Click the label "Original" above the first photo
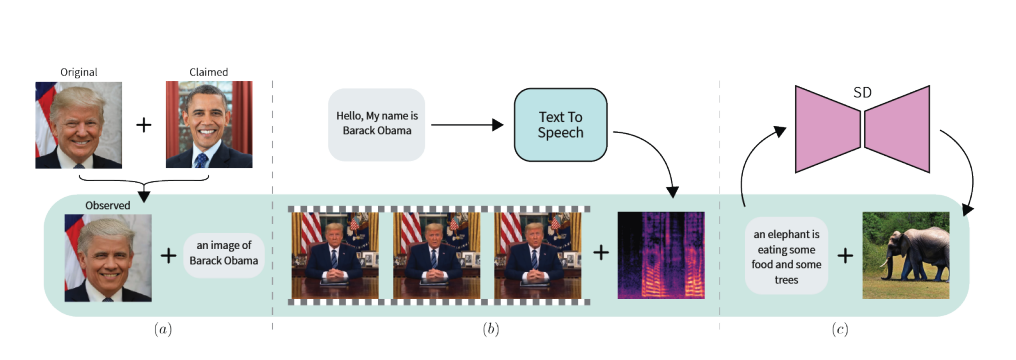pos(78,72)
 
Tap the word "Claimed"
pos(209,72)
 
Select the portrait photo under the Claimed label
pos(209,124)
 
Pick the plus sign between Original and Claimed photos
pos(145,125)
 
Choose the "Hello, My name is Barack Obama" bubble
pos(376,124)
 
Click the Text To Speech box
pos(560,124)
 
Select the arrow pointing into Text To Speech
pos(468,125)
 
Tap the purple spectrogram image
pos(661,255)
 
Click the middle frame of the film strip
pos(439,254)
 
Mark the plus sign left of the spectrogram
pos(601,253)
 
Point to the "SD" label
pos(861,93)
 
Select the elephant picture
pos(905,255)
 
